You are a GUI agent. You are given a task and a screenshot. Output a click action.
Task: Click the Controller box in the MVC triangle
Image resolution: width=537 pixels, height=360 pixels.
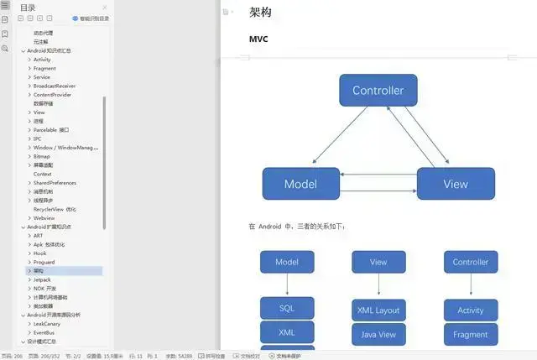[378, 91]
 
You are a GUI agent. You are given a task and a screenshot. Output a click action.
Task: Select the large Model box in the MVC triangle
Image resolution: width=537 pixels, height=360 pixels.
[300, 184]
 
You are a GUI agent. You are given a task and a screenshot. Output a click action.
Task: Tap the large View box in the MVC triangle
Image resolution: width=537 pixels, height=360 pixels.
[456, 184]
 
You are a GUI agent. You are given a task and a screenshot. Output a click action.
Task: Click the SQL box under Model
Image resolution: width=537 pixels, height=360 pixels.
[287, 308]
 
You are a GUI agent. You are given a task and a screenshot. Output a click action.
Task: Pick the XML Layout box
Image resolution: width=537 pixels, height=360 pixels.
[378, 310]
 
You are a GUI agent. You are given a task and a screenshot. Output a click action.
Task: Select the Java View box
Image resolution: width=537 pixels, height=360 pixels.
[378, 334]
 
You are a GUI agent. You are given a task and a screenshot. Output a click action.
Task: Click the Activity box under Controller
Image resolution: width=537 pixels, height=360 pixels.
[471, 310]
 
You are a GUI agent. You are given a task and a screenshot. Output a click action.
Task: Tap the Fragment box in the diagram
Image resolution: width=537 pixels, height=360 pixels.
[471, 334]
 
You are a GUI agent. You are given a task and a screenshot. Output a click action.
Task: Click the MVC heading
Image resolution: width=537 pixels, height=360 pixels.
[258, 39]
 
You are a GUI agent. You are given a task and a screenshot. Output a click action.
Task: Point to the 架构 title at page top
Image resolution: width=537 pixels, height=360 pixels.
[260, 12]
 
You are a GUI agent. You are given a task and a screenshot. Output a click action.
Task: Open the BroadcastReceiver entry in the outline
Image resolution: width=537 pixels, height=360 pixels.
[55, 86]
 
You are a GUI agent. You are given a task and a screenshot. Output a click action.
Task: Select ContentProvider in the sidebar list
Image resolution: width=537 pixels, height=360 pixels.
[52, 95]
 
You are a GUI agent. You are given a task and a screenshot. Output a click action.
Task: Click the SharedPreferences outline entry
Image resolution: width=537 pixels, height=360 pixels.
[55, 182]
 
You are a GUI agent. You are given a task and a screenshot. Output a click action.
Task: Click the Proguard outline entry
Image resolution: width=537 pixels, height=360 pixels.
[44, 262]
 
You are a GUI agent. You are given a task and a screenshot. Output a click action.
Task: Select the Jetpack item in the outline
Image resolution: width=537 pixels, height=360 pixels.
[42, 279]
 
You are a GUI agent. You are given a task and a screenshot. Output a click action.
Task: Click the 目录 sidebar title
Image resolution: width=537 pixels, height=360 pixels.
[28, 8]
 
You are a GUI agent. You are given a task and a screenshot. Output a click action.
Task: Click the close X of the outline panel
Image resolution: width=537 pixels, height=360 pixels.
[104, 8]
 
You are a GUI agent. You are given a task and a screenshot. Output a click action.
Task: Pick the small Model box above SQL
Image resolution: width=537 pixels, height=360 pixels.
[287, 262]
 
